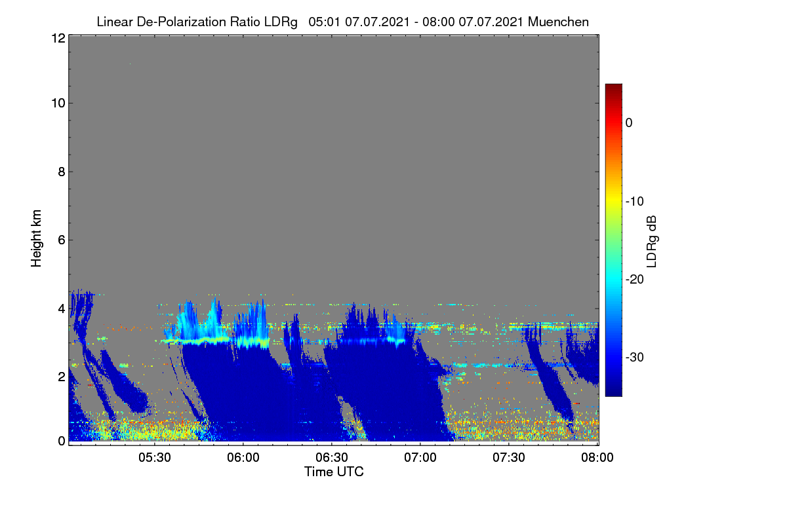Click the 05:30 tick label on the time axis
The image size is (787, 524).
pos(155,458)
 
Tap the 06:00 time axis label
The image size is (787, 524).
pos(243,458)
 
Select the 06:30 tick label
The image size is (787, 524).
pos(332,458)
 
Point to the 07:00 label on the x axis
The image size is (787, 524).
pos(420,458)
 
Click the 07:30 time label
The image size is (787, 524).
pos(509,458)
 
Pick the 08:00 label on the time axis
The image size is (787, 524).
pos(597,458)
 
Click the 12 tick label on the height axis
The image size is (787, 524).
pos(58,38)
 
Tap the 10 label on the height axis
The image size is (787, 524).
pos(58,103)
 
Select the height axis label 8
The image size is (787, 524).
pos(62,172)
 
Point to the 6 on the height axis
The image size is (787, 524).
pos(62,240)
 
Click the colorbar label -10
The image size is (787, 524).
pos(635,202)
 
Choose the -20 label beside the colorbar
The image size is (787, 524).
pos(635,280)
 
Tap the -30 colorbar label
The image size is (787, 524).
pos(635,357)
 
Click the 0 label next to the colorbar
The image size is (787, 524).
pos(629,123)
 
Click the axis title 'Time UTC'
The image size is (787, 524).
pos(334,472)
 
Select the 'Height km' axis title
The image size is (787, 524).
pos(36,238)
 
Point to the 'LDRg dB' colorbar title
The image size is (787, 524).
pos(652,242)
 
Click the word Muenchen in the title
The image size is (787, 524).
pos(558,22)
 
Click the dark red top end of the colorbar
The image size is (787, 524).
pos(613,86)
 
